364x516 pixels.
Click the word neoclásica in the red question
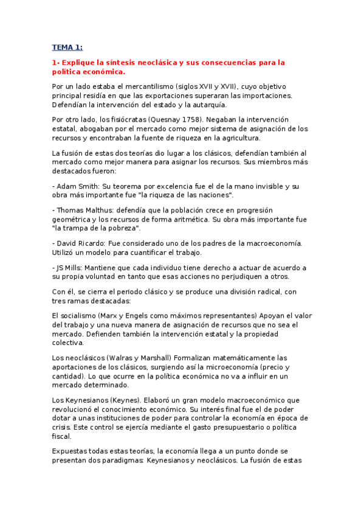pos(163,63)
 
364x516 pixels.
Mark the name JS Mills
pos(69,267)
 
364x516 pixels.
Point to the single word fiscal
pos(62,436)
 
